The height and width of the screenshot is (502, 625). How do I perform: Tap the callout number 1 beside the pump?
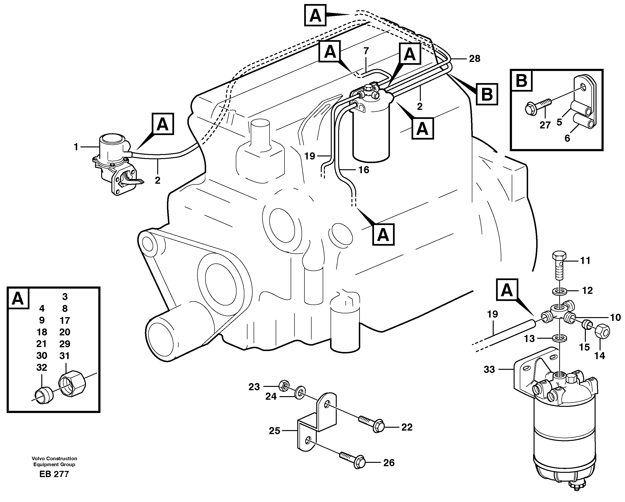(x=76, y=147)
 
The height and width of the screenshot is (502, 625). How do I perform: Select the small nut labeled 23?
(x=283, y=385)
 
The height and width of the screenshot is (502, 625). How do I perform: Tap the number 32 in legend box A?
(x=42, y=367)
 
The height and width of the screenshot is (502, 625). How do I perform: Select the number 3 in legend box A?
(x=65, y=296)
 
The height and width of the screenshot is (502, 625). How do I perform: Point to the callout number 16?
(x=364, y=170)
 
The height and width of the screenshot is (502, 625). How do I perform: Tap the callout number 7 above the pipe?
(x=366, y=51)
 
